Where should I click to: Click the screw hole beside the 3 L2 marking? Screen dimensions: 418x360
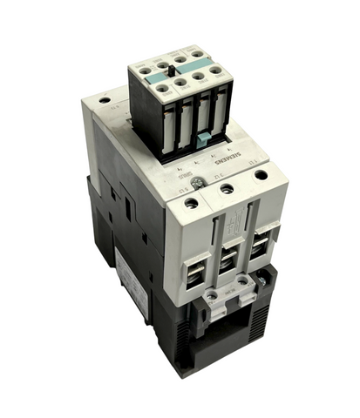click(x=227, y=188)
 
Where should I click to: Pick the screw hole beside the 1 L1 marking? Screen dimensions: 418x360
click(x=193, y=205)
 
